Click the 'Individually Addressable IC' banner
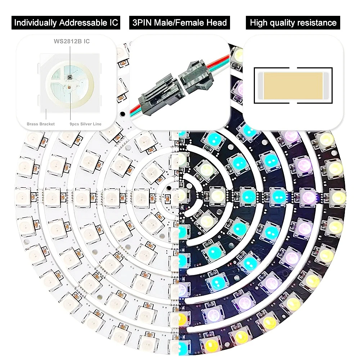66,23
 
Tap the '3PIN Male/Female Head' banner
180,23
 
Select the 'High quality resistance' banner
293,23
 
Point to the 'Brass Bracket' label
41,124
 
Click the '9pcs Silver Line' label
85,124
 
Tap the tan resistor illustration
293,85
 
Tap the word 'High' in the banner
258,23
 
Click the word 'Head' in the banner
217,23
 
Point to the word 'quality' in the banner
282,23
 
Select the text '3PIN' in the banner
141,23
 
